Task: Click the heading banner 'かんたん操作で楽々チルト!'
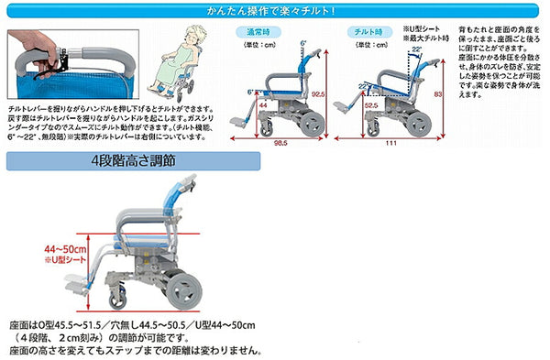(x=275, y=11)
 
